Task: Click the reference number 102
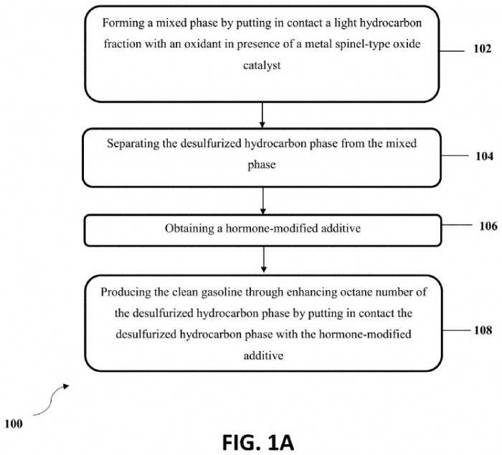pyautogui.click(x=482, y=49)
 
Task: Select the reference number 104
pyautogui.click(x=484, y=156)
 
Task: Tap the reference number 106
pyautogui.click(x=488, y=226)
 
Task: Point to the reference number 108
pyautogui.click(x=483, y=330)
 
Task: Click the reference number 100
pyautogui.click(x=14, y=424)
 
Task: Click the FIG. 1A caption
pyautogui.click(x=258, y=443)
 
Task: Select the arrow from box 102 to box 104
pyautogui.click(x=262, y=115)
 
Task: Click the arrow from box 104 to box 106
pyautogui.click(x=263, y=201)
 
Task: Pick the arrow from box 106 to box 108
pyautogui.click(x=263, y=259)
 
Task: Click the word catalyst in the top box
pyautogui.click(x=262, y=65)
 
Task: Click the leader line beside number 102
pyautogui.click(x=451, y=51)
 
